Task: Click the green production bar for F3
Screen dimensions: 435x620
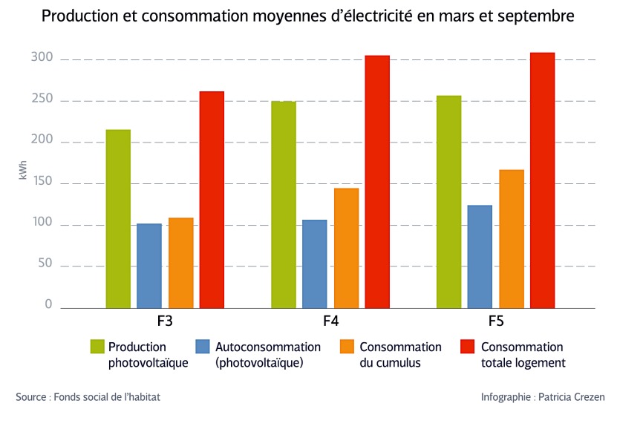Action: point(118,219)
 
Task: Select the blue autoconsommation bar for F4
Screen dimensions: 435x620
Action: point(314,264)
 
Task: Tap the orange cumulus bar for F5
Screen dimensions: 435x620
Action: point(512,238)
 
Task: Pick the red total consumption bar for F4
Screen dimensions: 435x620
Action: point(377,182)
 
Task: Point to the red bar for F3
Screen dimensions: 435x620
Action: point(212,200)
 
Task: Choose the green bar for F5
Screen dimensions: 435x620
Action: point(448,201)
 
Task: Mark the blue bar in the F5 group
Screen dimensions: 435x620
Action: point(480,256)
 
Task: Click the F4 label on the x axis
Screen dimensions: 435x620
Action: point(330,322)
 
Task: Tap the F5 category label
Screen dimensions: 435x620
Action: point(495,322)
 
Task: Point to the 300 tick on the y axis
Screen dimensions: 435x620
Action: point(42,58)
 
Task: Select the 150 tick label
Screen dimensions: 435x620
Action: point(42,183)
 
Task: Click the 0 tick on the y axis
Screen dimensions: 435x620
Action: point(48,304)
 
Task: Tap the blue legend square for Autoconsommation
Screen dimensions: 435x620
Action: point(203,347)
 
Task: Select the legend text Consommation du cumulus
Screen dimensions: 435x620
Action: point(400,355)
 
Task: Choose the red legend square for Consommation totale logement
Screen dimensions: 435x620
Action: point(468,347)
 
